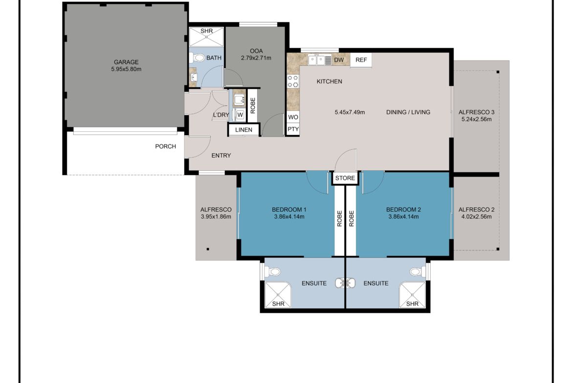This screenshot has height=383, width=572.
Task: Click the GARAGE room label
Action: [126, 62]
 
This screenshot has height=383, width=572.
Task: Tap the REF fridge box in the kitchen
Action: [361, 60]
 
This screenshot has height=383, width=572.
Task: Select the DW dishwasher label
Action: [339, 60]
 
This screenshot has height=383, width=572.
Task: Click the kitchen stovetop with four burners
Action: [293, 81]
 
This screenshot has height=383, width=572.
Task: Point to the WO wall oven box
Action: [293, 117]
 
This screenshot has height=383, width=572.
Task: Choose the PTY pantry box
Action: [293, 129]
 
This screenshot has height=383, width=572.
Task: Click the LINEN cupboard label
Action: [243, 130]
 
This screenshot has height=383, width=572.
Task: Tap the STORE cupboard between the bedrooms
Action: [345, 178]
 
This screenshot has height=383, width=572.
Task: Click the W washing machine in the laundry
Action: [240, 115]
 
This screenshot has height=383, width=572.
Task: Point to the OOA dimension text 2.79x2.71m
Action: [256, 58]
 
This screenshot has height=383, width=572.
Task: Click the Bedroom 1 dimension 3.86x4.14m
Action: [289, 217]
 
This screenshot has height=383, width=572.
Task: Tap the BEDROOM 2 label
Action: [403, 210]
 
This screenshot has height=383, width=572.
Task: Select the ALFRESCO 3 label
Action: [477, 112]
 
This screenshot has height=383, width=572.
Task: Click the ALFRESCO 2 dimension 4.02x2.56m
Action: [477, 217]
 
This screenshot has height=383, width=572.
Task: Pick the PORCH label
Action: [166, 146]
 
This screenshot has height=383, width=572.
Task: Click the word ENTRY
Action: [221, 156]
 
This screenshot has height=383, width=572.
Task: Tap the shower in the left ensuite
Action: [278, 295]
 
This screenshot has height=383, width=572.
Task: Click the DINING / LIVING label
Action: [408, 112]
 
